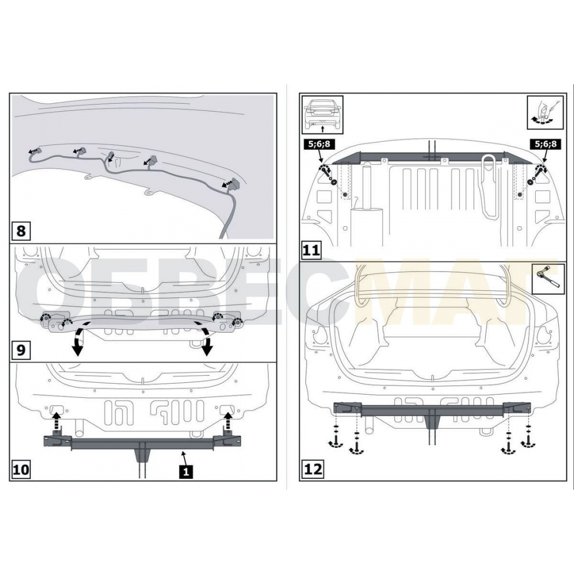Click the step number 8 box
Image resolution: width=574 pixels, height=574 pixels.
21,231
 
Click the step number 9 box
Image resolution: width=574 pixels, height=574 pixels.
21,350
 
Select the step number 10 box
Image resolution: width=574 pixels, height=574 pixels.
21,469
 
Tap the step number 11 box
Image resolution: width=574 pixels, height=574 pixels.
311,251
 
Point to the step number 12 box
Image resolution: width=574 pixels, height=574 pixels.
313,469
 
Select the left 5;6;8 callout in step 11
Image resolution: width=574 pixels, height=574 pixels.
319,144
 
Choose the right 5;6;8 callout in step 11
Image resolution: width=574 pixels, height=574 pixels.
545,144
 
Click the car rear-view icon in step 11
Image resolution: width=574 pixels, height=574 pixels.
322,115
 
